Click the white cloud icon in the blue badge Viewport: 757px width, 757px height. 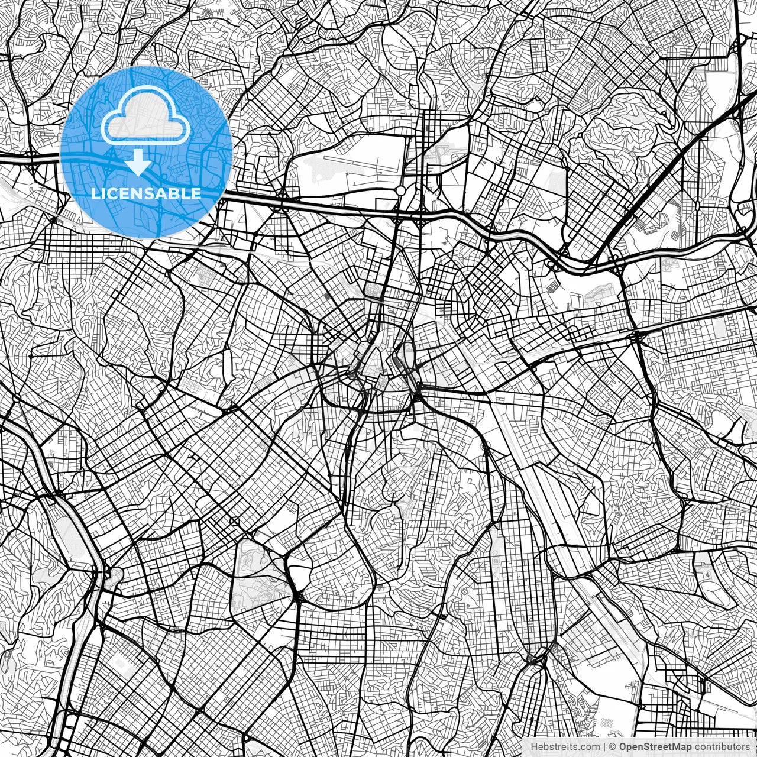(x=145, y=121)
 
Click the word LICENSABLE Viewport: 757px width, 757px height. (x=146, y=193)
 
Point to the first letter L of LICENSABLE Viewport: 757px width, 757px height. (x=95, y=193)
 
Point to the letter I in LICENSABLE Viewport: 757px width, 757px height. (x=103, y=193)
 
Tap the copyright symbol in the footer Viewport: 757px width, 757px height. (x=613, y=747)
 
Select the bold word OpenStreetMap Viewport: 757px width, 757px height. (x=655, y=747)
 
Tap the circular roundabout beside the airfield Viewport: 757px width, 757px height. (x=400, y=190)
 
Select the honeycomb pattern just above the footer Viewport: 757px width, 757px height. (x=605, y=723)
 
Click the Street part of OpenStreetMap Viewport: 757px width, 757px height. (x=658, y=747)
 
